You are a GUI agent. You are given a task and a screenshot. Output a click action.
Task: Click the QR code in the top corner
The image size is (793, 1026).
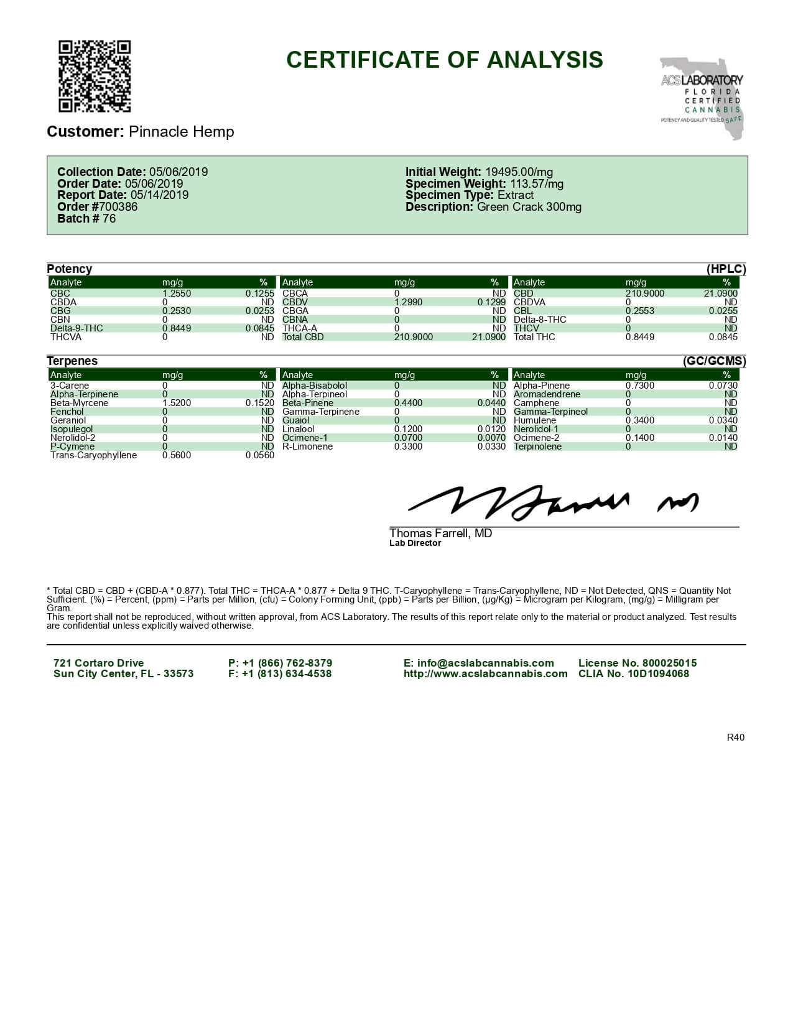[95, 76]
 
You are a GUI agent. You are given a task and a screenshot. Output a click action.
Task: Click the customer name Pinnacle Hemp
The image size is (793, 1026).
[181, 132]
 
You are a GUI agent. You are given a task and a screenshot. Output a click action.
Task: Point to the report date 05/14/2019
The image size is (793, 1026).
[159, 195]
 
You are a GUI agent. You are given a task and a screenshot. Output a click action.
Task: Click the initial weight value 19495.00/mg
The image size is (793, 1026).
[519, 172]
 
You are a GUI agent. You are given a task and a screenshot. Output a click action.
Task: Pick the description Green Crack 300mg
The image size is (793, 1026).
[529, 207]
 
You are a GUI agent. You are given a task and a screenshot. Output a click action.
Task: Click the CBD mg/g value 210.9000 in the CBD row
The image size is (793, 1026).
[644, 293]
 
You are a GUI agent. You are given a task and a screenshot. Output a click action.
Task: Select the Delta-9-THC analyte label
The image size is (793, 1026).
[77, 328]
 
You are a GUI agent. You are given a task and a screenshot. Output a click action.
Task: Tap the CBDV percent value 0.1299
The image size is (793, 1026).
[491, 302]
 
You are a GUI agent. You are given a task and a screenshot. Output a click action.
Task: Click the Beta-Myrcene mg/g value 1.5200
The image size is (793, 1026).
[177, 403]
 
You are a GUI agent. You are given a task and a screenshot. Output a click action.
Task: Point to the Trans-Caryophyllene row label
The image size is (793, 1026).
[93, 455]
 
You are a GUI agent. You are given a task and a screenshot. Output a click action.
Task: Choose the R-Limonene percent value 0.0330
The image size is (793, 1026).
[491, 446]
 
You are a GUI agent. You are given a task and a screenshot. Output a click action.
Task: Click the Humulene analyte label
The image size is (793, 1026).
[535, 420]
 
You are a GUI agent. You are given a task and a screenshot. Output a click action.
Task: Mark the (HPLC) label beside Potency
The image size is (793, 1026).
[726, 269]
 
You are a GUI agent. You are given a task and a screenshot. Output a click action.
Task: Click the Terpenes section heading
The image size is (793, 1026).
[72, 361]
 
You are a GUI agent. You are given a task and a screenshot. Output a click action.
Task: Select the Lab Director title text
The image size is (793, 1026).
[415, 543]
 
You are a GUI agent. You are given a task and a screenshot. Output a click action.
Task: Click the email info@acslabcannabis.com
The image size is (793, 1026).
[478, 663]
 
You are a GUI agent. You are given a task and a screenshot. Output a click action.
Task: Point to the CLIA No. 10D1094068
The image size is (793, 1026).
[633, 674]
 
